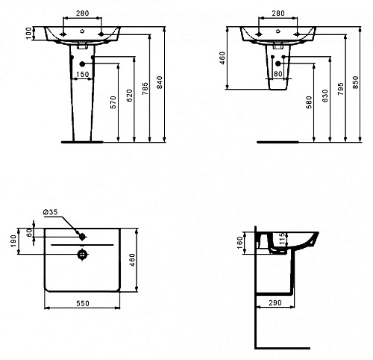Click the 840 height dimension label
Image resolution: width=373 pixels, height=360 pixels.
click(160, 82)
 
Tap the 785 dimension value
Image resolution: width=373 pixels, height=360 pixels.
click(145, 89)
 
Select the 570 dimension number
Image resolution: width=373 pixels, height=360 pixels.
click(113, 102)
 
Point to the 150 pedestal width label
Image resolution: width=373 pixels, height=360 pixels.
click(82, 74)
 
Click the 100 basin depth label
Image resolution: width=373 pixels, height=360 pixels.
click(29, 33)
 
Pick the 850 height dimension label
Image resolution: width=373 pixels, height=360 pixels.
click(356, 82)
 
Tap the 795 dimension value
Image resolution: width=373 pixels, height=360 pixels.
click(341, 89)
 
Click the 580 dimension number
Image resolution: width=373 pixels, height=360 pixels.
click(309, 102)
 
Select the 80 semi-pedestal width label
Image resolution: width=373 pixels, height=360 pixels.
click(278, 74)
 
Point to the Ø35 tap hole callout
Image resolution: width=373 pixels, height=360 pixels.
click(50, 212)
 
